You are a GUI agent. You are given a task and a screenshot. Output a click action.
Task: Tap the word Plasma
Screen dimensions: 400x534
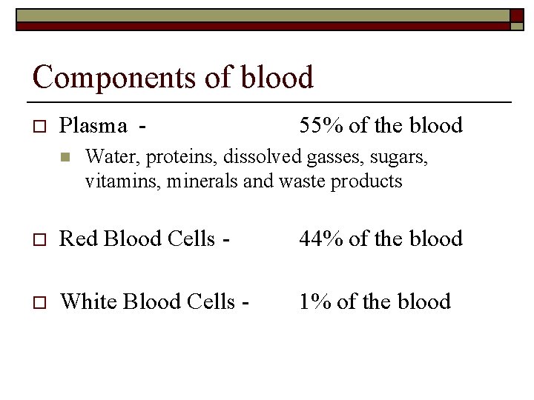93,127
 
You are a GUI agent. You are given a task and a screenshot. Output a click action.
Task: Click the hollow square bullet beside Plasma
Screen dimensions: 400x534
40,126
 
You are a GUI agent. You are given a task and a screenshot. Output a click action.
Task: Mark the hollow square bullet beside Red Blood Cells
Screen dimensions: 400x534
40,239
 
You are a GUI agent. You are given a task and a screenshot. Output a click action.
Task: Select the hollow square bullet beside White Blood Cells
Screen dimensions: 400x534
40,301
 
